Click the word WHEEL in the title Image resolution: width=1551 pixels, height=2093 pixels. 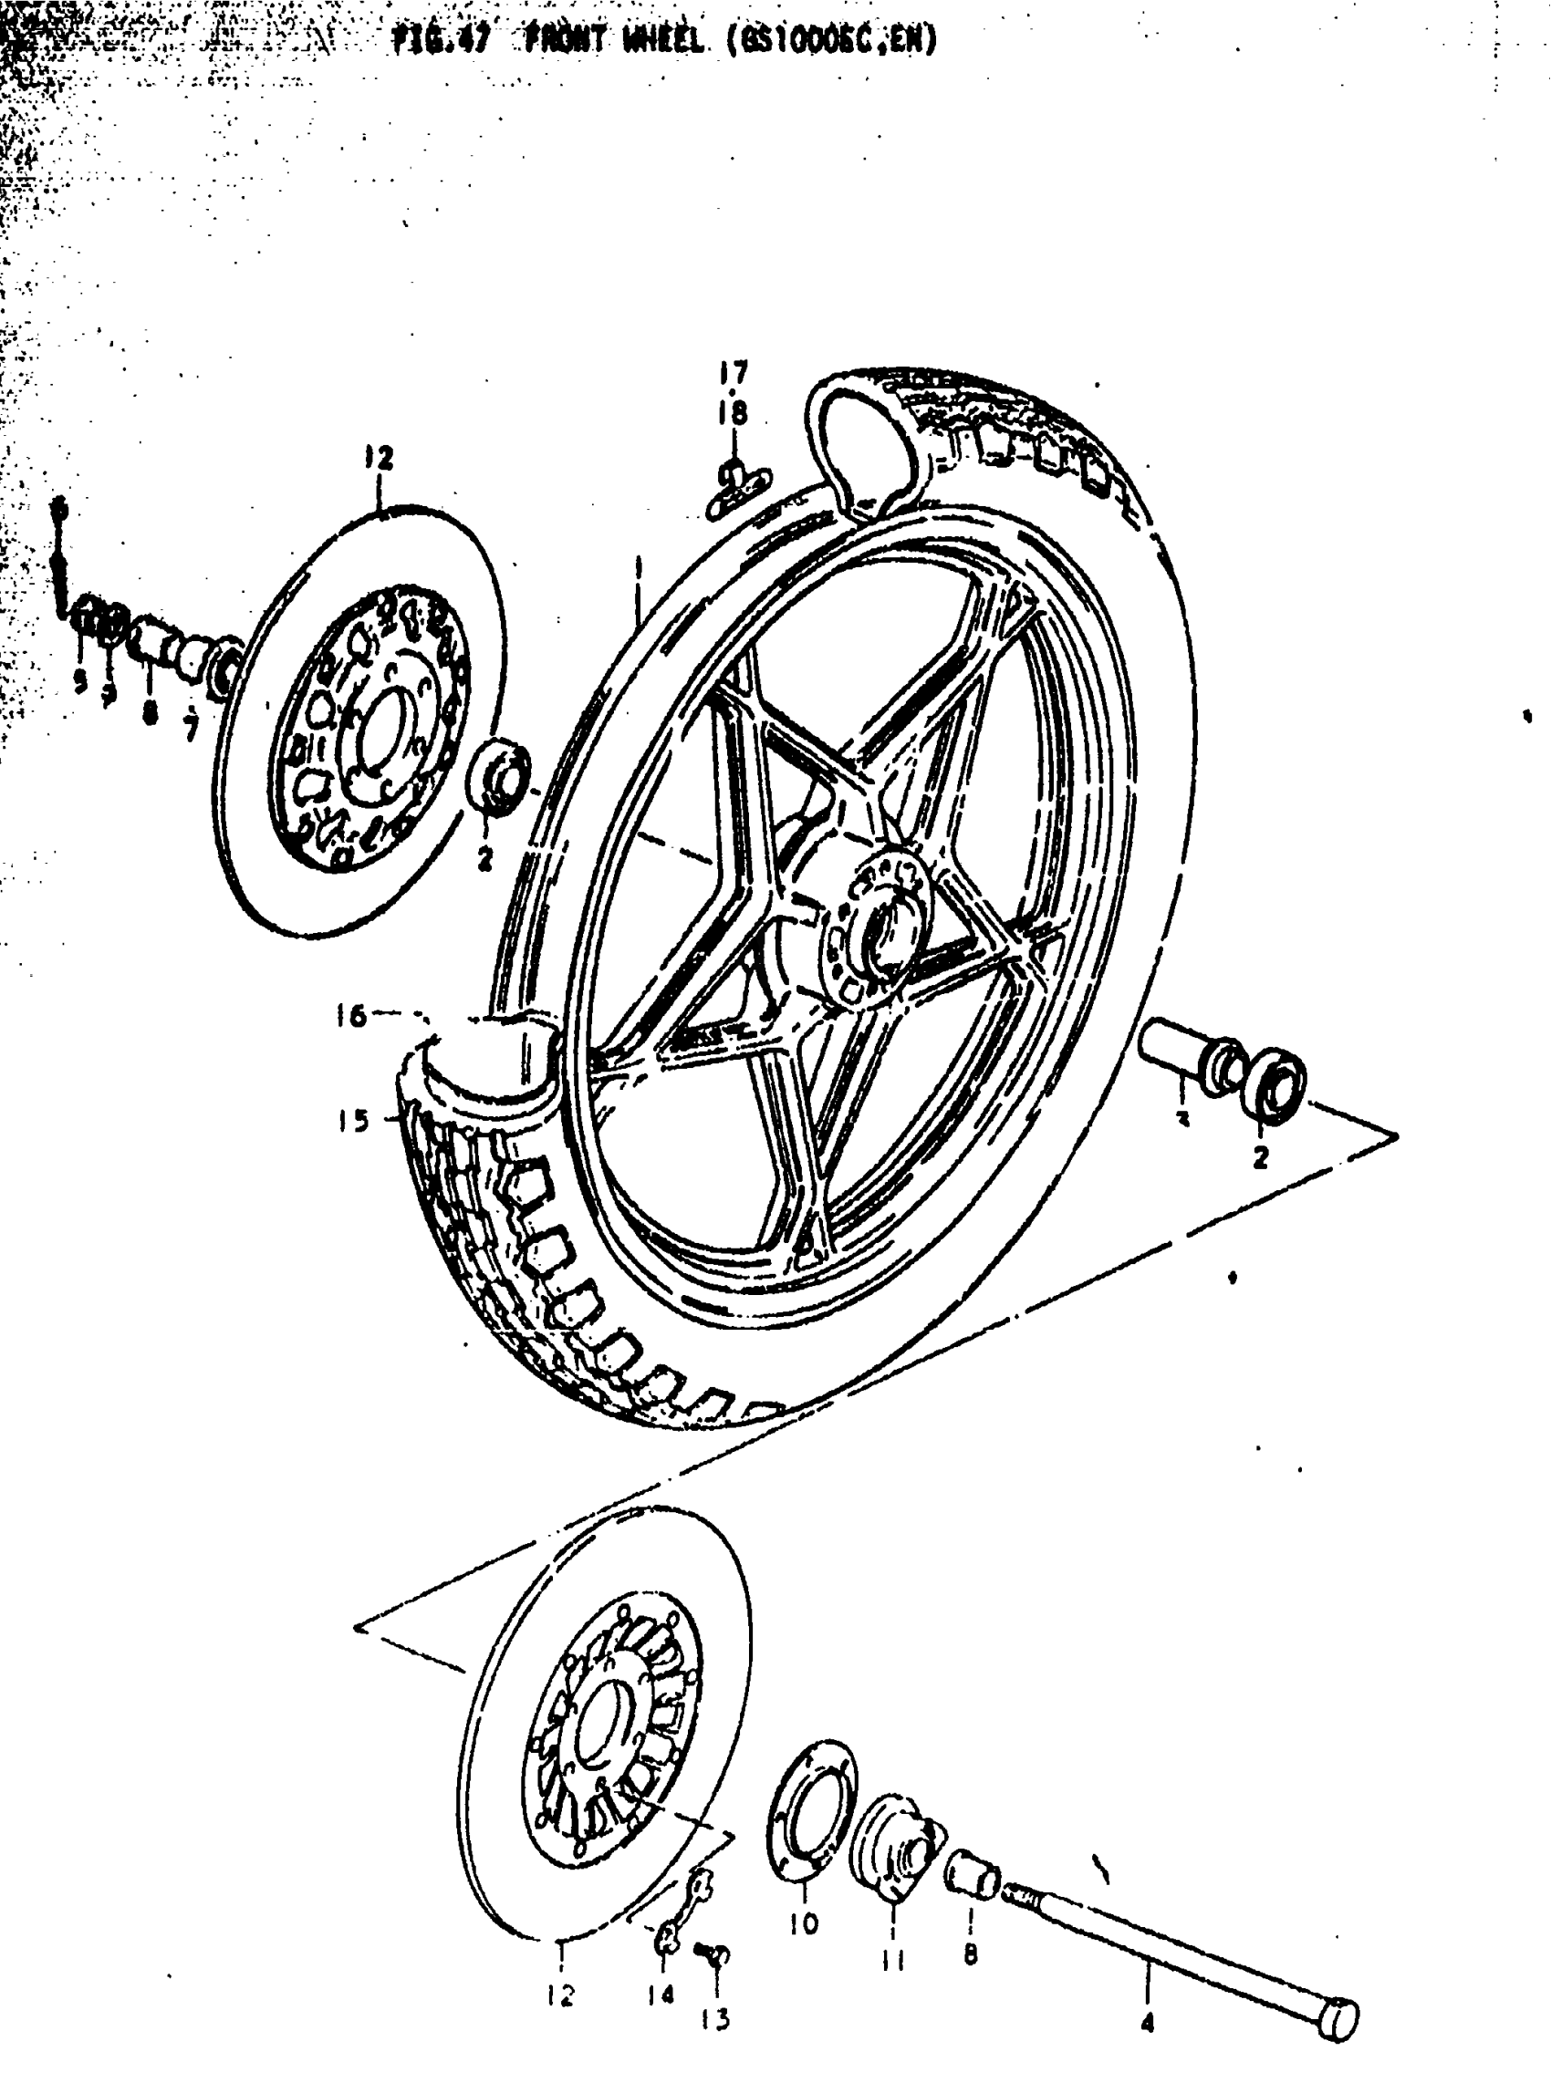click(x=664, y=40)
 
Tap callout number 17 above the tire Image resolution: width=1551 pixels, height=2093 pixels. click(x=734, y=374)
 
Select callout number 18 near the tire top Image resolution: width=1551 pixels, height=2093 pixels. click(x=734, y=412)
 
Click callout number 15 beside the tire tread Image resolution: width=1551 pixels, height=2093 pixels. click(x=354, y=1120)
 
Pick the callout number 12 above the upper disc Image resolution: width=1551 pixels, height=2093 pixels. click(x=380, y=459)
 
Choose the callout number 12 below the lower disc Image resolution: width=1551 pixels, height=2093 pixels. click(x=560, y=1995)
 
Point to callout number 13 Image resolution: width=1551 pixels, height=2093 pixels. click(x=715, y=2018)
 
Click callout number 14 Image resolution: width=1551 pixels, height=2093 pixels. click(x=661, y=1995)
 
